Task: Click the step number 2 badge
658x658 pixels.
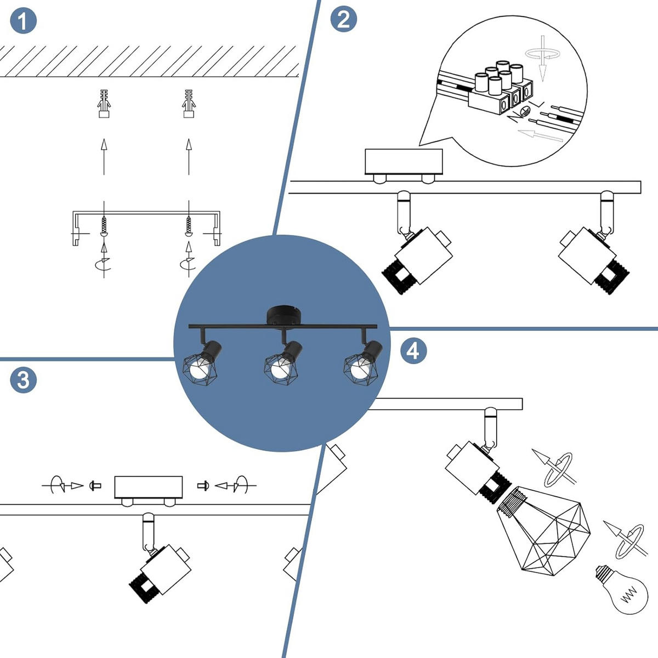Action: pos(343,20)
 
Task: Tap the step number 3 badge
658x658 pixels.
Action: pos(23,379)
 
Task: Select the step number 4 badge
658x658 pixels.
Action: pos(413,350)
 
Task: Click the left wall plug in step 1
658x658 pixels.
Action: pos(104,103)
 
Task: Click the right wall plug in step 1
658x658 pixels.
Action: pos(189,103)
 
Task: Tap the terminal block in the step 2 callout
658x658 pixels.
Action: pos(500,90)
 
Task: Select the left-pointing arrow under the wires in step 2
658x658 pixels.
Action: pos(540,134)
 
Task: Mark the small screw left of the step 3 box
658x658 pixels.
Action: pos(96,485)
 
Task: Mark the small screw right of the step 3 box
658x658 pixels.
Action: pos(202,485)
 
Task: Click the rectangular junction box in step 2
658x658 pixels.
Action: pos(404,161)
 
